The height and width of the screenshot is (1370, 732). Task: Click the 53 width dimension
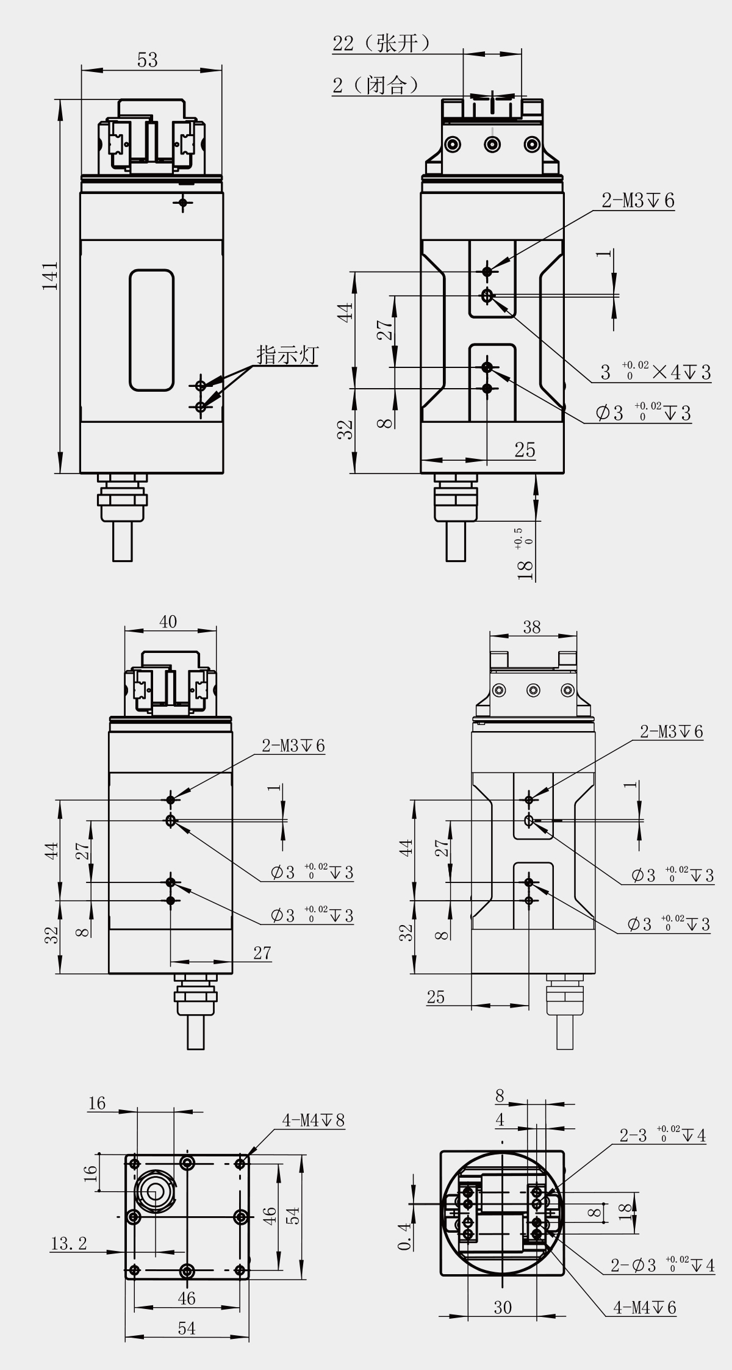tap(148, 60)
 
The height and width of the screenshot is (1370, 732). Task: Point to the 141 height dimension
tap(50, 275)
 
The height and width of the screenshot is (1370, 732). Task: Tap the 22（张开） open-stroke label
tap(382, 44)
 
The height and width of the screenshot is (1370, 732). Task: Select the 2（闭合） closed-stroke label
tap(376, 85)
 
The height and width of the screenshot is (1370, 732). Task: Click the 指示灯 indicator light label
tap(287, 355)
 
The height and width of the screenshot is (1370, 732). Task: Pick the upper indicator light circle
tap(201, 385)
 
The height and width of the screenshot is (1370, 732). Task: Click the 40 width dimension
tap(168, 621)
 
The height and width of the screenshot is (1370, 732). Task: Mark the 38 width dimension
tap(531, 627)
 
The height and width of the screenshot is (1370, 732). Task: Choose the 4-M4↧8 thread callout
tap(313, 1120)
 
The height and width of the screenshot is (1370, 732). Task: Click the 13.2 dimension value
tap(68, 1243)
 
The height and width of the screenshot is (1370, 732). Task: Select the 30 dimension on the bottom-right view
tap(503, 1307)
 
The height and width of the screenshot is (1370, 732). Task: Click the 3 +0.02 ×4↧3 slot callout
tap(656, 372)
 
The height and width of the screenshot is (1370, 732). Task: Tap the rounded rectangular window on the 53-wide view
tap(151, 330)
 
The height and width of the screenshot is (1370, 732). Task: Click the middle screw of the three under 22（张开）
tap(492, 145)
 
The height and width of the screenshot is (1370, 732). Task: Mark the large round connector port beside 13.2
tap(153, 1190)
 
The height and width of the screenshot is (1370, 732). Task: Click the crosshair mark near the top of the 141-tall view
tap(182, 201)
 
